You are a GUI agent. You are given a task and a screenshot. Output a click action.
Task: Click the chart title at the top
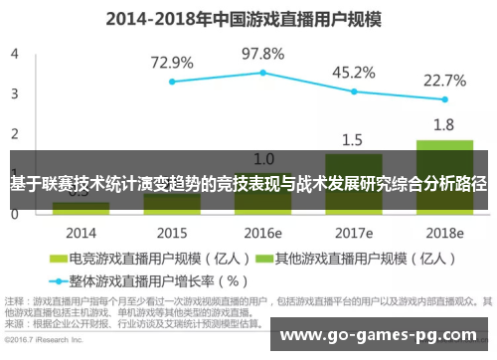point(248,18)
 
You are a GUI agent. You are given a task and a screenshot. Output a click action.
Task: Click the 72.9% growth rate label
point(172,62)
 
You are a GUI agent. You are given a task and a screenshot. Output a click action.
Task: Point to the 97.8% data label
point(262,53)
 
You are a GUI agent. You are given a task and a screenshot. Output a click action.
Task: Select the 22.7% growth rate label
point(444,80)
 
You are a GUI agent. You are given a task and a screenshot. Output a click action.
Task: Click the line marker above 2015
point(172,82)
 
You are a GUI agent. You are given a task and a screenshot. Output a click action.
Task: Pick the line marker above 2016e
point(262,73)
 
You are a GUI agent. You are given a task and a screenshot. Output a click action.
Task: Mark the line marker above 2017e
point(354,91)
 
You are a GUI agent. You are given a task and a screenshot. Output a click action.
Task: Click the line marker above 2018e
point(444,99)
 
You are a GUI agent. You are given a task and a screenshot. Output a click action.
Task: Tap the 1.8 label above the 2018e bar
point(444,125)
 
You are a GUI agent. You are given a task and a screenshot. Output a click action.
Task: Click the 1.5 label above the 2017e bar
point(354,139)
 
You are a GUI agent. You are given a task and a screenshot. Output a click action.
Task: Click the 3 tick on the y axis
point(13,94)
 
